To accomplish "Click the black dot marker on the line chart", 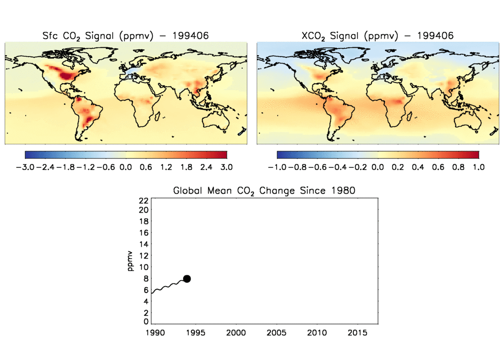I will point(187,279).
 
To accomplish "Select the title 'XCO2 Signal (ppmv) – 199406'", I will point(377,36).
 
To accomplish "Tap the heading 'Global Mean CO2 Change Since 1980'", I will point(264,191).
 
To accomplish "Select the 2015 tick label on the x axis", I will point(357,333).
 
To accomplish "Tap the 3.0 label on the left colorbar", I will point(226,167).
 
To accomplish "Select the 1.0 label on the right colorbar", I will point(478,167).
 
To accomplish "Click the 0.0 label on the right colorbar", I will point(378,167).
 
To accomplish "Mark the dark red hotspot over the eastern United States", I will point(67,75).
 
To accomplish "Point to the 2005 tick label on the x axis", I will point(277,333).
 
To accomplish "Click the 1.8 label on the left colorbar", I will point(186,167).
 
